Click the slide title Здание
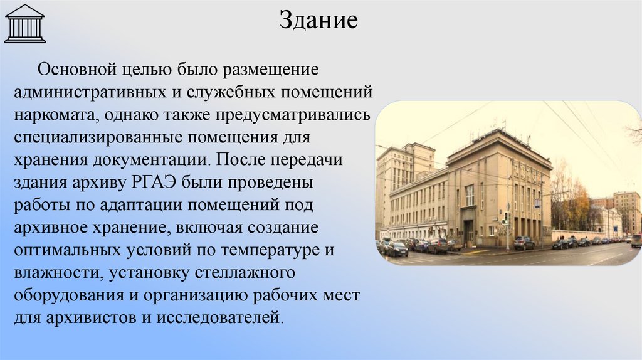[318, 20]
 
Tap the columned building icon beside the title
[24, 23]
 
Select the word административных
[90, 92]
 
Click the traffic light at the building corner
[507, 218]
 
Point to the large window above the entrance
[469, 195]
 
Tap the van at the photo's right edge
[636, 240]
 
